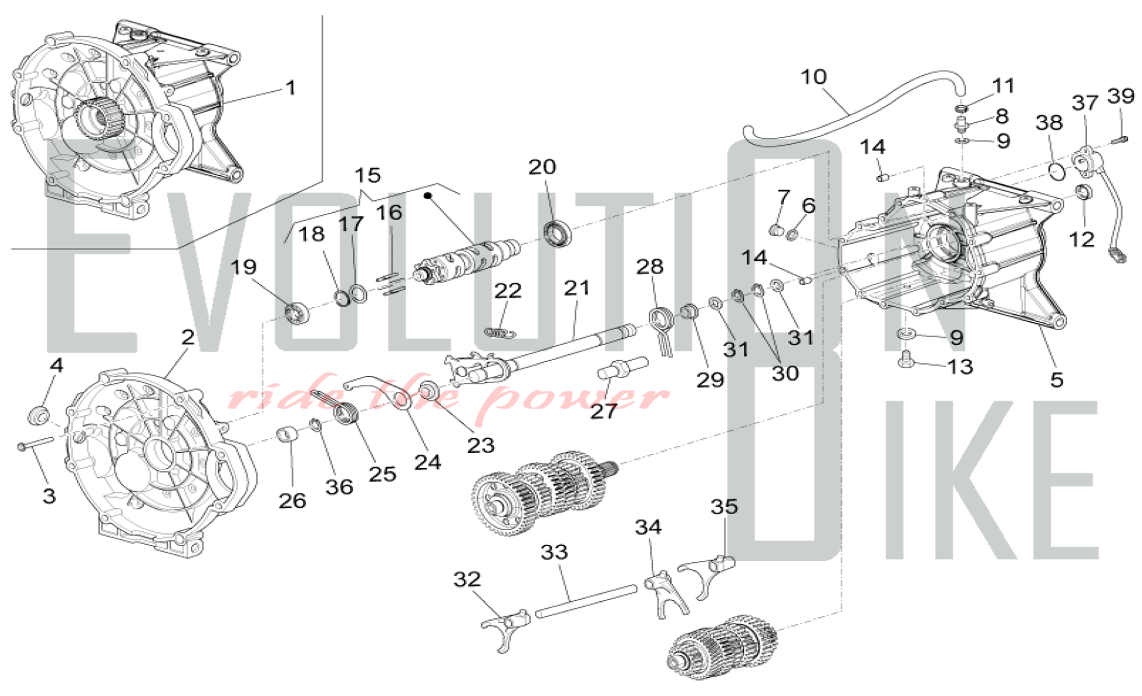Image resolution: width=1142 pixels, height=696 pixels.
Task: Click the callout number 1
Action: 291,88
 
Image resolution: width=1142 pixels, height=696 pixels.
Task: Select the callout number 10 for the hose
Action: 813,77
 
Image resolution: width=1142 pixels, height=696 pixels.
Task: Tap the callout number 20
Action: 542,167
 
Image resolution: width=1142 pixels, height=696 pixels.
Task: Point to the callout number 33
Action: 554,552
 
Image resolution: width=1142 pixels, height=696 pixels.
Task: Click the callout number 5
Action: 1056,380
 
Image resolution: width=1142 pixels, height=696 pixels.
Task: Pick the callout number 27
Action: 604,411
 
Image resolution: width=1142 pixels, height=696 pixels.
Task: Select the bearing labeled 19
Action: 296,313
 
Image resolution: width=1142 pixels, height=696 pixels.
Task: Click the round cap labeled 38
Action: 1057,171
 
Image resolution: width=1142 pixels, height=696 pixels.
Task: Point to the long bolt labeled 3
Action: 35,443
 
